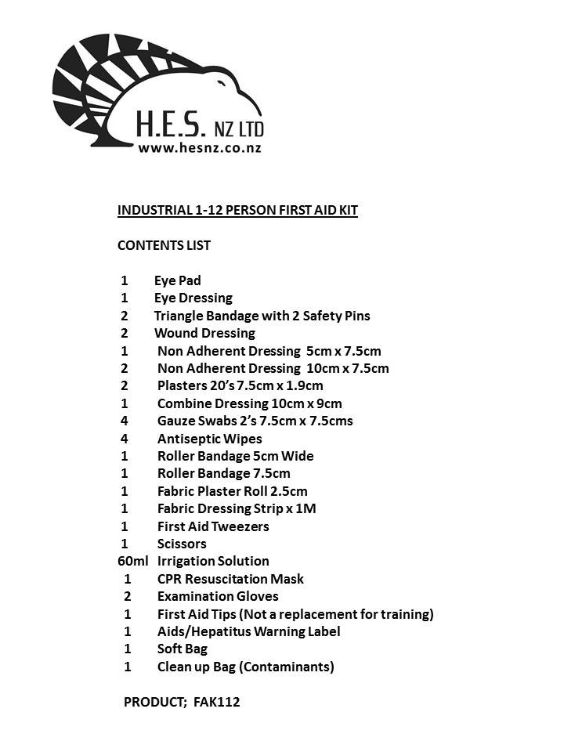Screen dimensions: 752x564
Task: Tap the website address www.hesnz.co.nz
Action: tap(199, 146)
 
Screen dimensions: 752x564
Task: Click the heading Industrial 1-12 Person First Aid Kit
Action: tap(237, 210)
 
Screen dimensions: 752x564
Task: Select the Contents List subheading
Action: tap(164, 245)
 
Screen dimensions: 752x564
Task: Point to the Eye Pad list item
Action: tap(178, 280)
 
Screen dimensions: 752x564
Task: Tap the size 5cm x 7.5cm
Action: tap(343, 351)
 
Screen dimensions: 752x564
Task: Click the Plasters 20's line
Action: tap(240, 385)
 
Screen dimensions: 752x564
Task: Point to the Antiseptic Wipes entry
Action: tap(209, 439)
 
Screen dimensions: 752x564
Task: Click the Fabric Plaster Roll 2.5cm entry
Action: tap(232, 491)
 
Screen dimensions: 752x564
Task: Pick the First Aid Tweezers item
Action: tap(212, 526)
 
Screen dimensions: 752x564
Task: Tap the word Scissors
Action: tap(182, 544)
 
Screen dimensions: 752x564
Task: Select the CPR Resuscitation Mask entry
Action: tap(230, 579)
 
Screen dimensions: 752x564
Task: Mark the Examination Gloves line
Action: tap(217, 596)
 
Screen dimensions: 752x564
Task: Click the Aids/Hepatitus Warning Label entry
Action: tap(248, 631)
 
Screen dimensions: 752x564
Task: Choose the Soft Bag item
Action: tap(182, 649)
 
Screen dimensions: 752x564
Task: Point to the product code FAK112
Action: tap(215, 702)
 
